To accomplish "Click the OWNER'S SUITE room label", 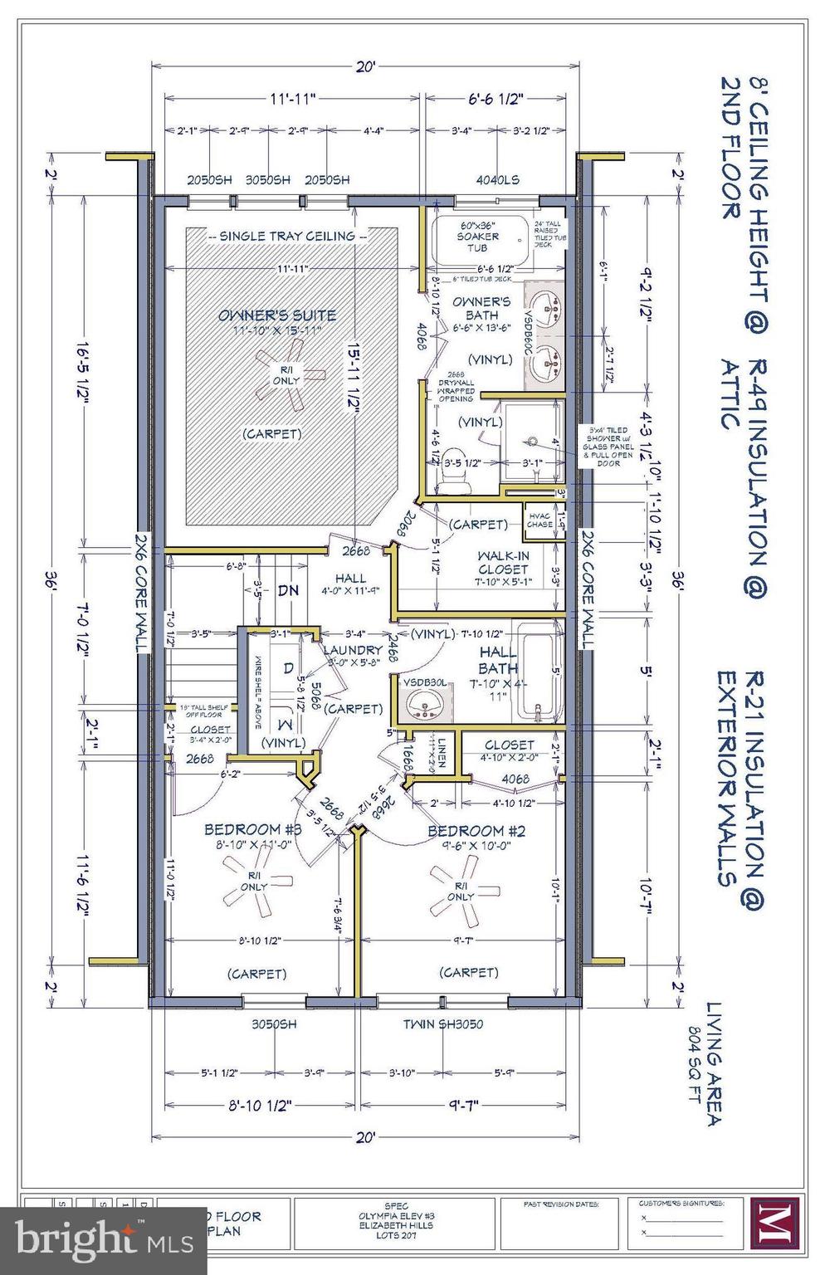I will click(277, 315).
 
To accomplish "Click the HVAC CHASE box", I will click(539, 520).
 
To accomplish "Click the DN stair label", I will click(288, 591).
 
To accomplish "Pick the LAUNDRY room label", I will click(353, 650).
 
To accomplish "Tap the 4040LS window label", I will click(498, 179).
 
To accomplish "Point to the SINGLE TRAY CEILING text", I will click(286, 237).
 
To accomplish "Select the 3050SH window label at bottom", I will click(274, 1024).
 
